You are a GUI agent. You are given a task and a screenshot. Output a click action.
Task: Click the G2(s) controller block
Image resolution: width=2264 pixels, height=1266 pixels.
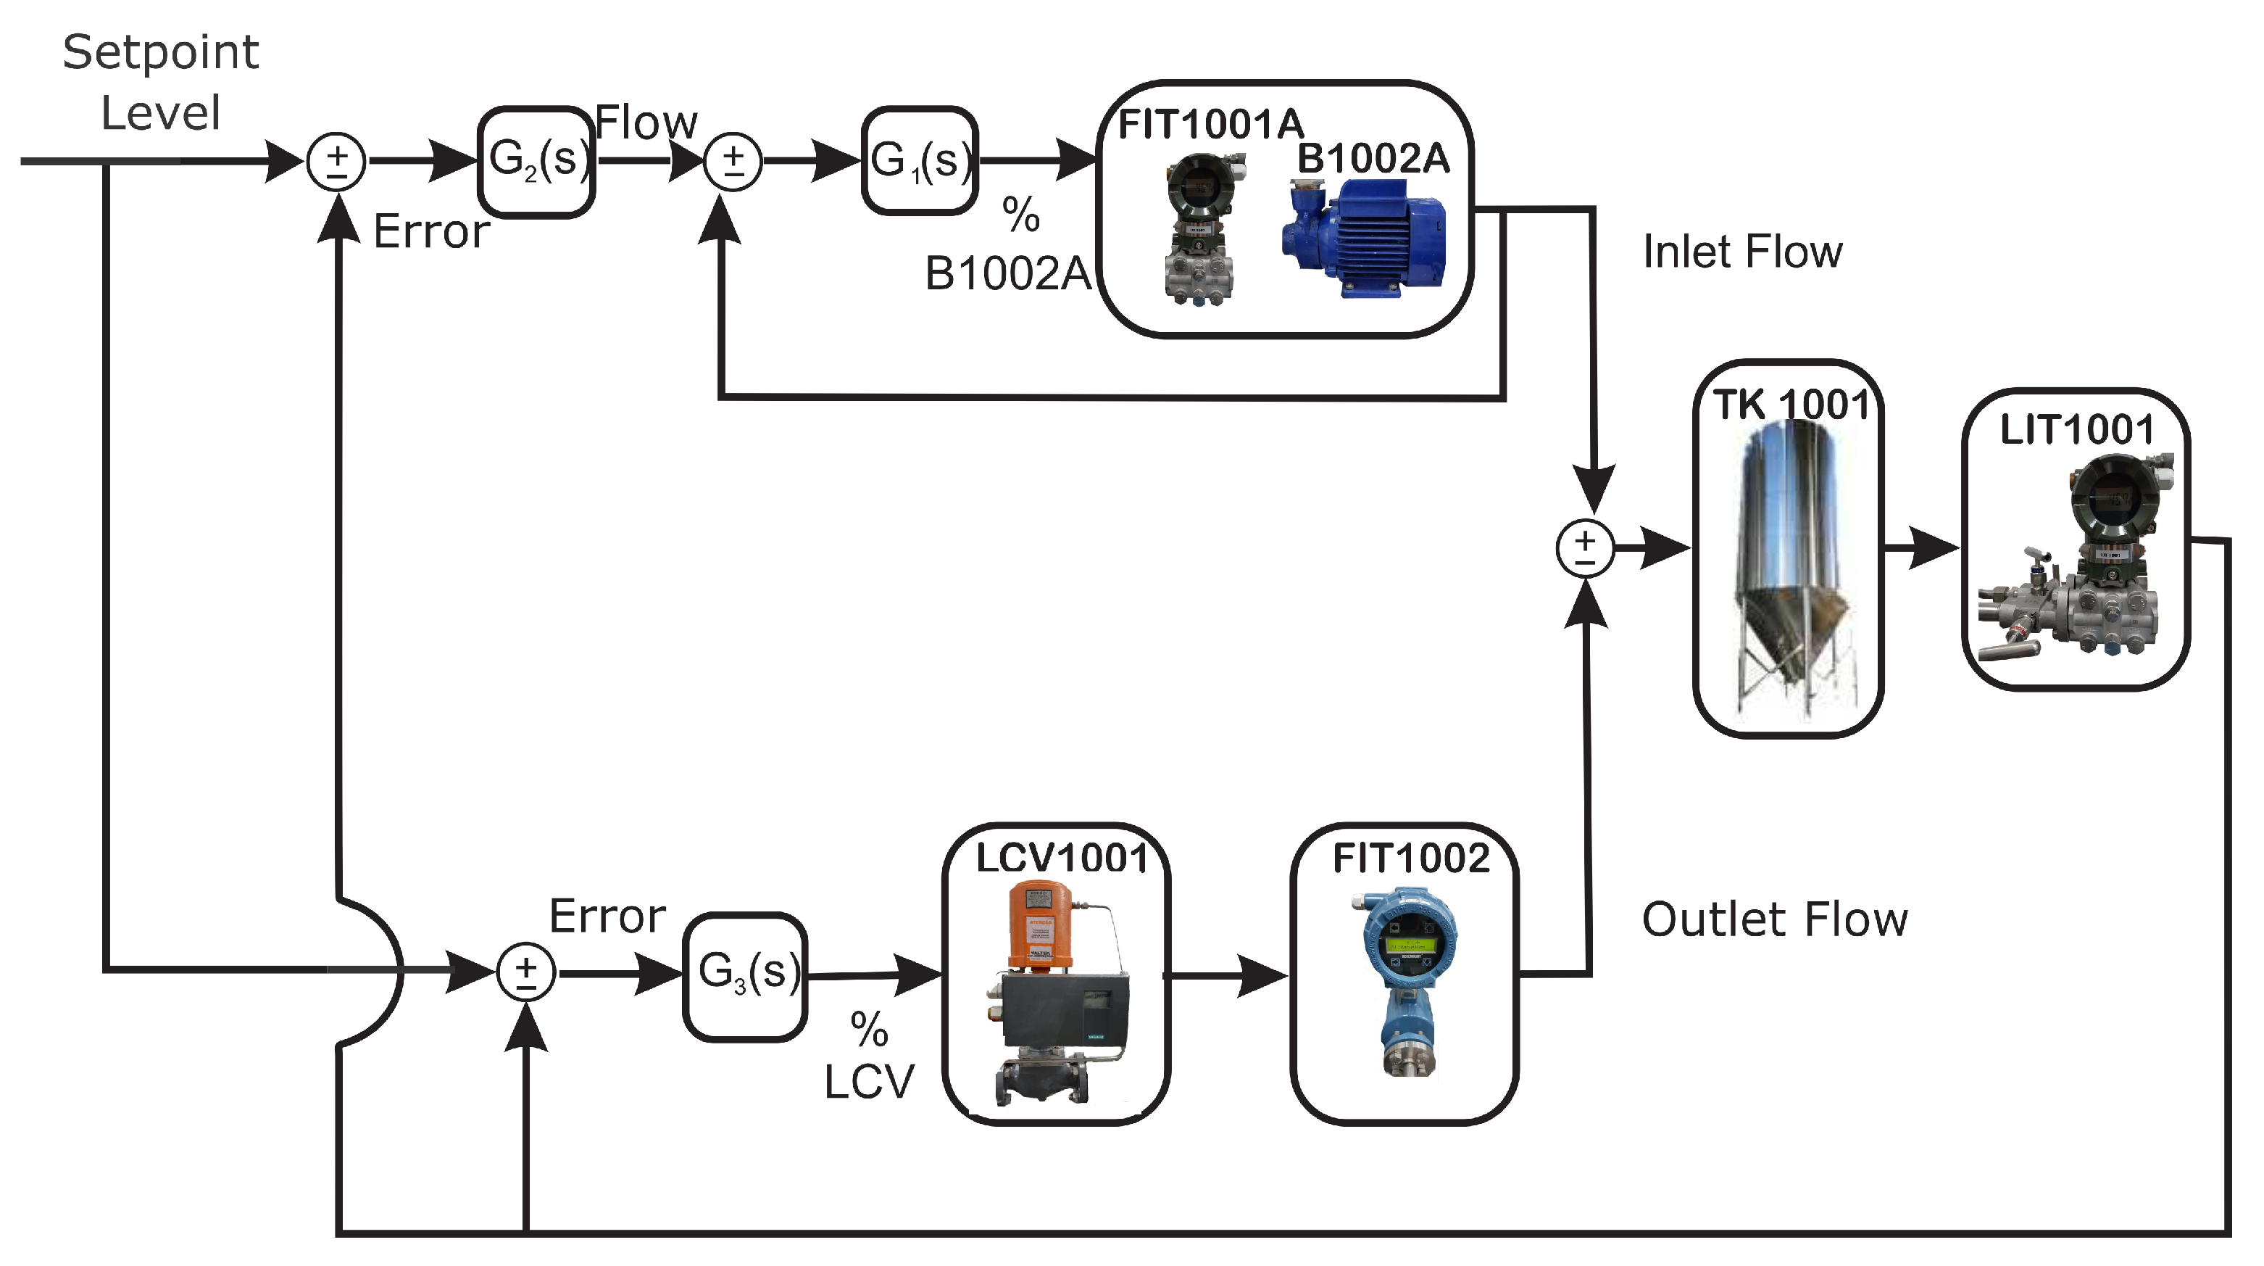536,161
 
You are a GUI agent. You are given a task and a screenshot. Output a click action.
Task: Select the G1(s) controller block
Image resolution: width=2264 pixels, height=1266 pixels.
920,161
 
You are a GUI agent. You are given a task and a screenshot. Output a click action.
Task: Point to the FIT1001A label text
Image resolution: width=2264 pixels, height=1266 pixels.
1210,124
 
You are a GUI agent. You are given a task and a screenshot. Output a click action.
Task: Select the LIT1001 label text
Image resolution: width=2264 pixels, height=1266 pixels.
2076,430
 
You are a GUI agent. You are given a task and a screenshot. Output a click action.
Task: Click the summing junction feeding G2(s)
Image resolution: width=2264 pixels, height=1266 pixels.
336,162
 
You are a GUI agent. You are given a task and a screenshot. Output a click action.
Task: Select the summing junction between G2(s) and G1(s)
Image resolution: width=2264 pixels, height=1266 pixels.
733,162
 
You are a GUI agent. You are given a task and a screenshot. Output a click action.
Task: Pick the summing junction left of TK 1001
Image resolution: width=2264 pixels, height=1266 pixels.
1585,549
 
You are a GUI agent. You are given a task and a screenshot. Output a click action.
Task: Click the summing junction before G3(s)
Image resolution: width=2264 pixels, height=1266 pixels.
525,973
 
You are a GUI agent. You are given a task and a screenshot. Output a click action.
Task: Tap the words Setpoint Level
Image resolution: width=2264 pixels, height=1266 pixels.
161,82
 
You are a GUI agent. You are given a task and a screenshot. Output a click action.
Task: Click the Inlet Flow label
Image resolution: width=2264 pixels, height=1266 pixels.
1742,252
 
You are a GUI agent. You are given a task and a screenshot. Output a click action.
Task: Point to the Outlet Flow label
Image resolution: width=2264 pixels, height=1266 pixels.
1773,919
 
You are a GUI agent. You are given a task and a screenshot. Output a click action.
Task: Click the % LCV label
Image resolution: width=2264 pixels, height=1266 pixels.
868,1056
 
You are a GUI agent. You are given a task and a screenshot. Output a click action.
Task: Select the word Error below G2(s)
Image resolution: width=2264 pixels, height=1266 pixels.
430,231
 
